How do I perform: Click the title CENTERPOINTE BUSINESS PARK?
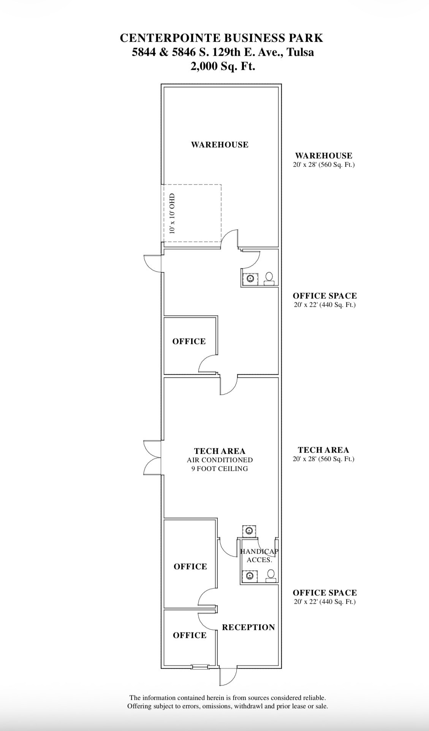222,38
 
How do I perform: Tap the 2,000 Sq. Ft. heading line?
223,66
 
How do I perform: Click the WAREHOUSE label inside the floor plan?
220,145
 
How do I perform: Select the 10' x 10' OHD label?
173,213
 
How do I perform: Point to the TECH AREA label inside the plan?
220,451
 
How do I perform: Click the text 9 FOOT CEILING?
220,469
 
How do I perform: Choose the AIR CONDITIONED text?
220,460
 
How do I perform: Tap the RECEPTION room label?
249,627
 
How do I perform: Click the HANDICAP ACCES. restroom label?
260,556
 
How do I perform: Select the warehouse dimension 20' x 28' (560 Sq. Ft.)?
324,165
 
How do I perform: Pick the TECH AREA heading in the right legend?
323,450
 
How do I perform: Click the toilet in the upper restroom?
270,279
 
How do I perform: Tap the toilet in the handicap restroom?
270,576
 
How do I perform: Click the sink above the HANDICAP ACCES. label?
249,530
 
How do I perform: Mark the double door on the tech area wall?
153,457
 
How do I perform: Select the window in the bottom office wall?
200,666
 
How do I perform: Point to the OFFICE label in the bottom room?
190,635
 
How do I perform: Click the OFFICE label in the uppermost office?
189,341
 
